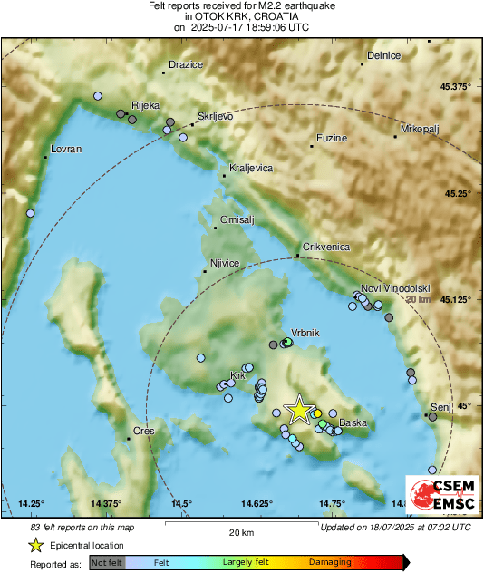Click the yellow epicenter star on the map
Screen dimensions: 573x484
click(299, 410)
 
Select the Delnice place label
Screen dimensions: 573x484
click(383, 55)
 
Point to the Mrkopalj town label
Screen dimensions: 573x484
click(419, 129)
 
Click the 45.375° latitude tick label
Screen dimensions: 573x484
click(455, 87)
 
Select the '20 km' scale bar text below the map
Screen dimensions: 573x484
click(241, 532)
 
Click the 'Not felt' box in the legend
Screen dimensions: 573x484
click(108, 562)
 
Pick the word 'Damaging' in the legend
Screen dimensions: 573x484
click(330, 562)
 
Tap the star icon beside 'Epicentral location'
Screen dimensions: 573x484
click(36, 545)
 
